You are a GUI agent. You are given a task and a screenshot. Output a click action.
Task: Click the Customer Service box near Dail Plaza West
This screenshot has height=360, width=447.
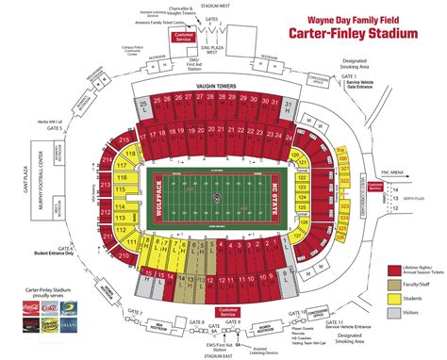coord(185,63)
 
